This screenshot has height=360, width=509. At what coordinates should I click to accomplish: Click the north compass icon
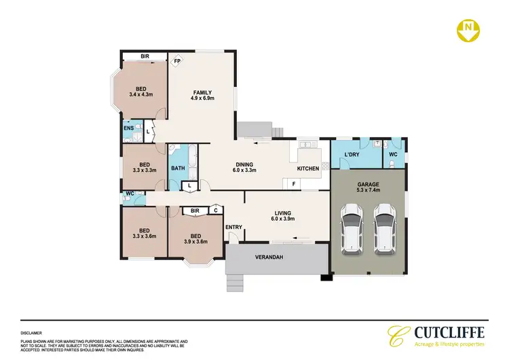(468, 29)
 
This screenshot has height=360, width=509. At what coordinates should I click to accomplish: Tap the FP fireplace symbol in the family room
(178, 60)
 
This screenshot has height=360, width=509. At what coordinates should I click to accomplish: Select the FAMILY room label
(202, 93)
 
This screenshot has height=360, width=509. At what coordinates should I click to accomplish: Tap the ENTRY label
(233, 227)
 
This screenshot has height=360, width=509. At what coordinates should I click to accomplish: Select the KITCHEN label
(308, 168)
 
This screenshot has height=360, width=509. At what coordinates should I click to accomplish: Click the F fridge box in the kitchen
(294, 184)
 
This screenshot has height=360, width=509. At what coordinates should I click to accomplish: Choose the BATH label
(178, 168)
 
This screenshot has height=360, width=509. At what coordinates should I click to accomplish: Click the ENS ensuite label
(128, 128)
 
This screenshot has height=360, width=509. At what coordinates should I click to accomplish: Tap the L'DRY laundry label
(352, 155)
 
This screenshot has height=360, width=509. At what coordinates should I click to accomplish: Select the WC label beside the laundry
(392, 155)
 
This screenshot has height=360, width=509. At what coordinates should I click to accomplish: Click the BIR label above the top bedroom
(145, 56)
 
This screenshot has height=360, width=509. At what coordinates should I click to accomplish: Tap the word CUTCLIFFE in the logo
(449, 333)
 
